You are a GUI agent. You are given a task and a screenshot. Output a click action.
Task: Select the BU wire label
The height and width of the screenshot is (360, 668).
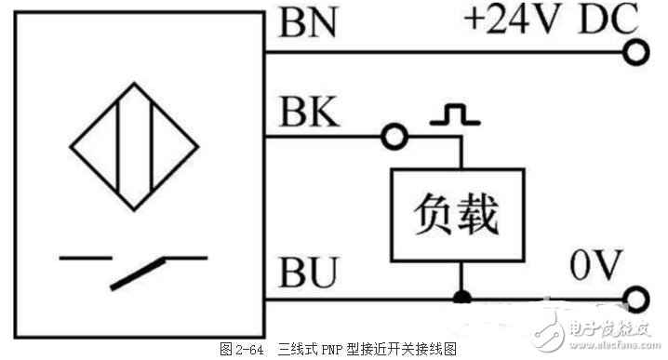[x=303, y=274]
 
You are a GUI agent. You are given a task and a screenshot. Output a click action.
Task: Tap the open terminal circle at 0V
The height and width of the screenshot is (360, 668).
[x=635, y=300]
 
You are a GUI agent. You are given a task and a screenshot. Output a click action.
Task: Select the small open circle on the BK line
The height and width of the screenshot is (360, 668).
[x=394, y=139]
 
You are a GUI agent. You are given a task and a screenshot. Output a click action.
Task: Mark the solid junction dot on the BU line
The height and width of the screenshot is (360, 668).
[x=461, y=299]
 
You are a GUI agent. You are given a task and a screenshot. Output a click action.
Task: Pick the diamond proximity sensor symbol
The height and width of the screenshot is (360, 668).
[x=135, y=148]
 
